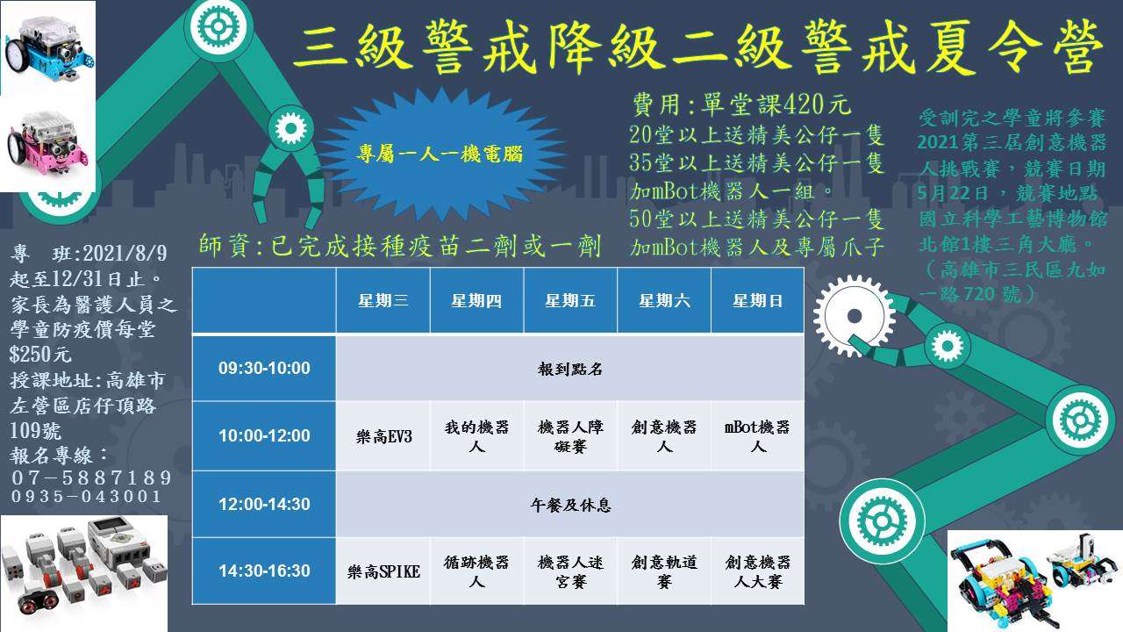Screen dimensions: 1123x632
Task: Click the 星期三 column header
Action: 383,300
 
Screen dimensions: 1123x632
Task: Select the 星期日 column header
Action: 757,300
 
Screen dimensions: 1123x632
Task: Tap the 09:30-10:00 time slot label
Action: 264,368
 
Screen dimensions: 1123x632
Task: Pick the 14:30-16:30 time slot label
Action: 264,571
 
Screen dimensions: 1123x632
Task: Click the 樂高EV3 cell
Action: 383,436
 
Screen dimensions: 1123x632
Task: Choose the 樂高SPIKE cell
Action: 383,571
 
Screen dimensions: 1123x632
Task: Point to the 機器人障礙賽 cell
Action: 570,436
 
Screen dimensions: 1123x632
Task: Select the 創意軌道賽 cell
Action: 664,571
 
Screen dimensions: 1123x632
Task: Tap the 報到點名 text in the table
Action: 570,370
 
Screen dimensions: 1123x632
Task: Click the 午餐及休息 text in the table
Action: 570,505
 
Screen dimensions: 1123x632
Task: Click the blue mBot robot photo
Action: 48,47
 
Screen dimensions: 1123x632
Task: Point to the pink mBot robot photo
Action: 48,144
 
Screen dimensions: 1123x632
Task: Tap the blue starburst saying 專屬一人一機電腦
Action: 440,154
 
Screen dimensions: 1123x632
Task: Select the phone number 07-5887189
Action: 92,477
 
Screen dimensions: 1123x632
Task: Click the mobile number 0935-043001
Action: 86,497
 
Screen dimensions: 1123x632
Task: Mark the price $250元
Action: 40,354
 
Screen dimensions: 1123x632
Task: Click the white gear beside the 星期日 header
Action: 854,316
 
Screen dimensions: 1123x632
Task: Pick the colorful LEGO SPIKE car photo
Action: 1034,581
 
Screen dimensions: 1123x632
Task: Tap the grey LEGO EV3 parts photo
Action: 83,573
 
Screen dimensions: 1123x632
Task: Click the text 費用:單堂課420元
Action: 741,104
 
